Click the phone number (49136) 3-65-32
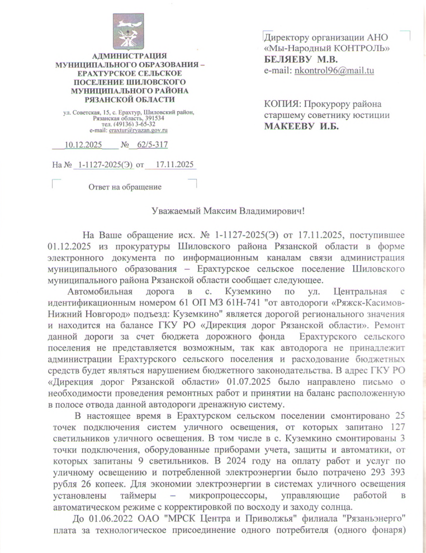130,124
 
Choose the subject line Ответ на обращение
122,186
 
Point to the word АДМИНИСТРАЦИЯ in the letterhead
130,56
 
